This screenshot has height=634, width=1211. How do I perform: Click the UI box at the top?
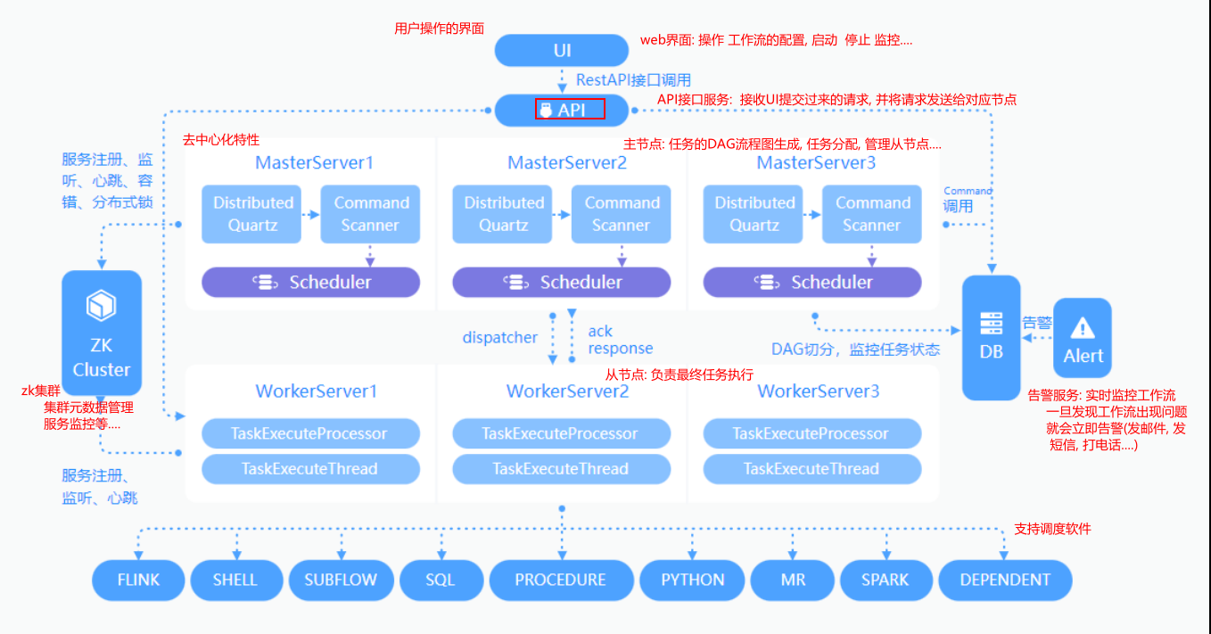point(562,50)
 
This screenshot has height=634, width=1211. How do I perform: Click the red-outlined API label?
point(570,109)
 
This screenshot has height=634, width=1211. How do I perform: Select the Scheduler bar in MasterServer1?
point(311,282)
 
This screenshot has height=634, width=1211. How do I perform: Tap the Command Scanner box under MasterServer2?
point(622,214)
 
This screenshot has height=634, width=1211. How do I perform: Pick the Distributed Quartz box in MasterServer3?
point(754,214)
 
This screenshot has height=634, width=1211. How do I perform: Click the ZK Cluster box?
point(102,333)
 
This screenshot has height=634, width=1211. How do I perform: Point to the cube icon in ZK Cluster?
point(101,305)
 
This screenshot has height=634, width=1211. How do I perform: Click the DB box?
point(991,338)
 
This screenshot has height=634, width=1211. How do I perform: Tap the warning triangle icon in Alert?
point(1083,327)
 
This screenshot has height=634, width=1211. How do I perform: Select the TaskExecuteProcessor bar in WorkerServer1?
point(311,433)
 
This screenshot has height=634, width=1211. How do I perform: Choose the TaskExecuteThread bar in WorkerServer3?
point(812,469)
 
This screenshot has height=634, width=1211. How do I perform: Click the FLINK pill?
point(138,580)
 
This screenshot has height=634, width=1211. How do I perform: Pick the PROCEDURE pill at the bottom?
point(561,580)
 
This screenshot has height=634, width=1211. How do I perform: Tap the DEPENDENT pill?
point(1005,580)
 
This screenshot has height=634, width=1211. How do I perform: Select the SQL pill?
point(441,580)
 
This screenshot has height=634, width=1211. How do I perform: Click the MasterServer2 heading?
point(567,162)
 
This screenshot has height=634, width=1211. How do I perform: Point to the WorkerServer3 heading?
point(818,391)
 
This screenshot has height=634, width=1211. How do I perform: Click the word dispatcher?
point(500,337)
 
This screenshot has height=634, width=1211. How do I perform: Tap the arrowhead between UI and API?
point(562,87)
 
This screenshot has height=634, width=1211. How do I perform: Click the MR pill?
point(793,580)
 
